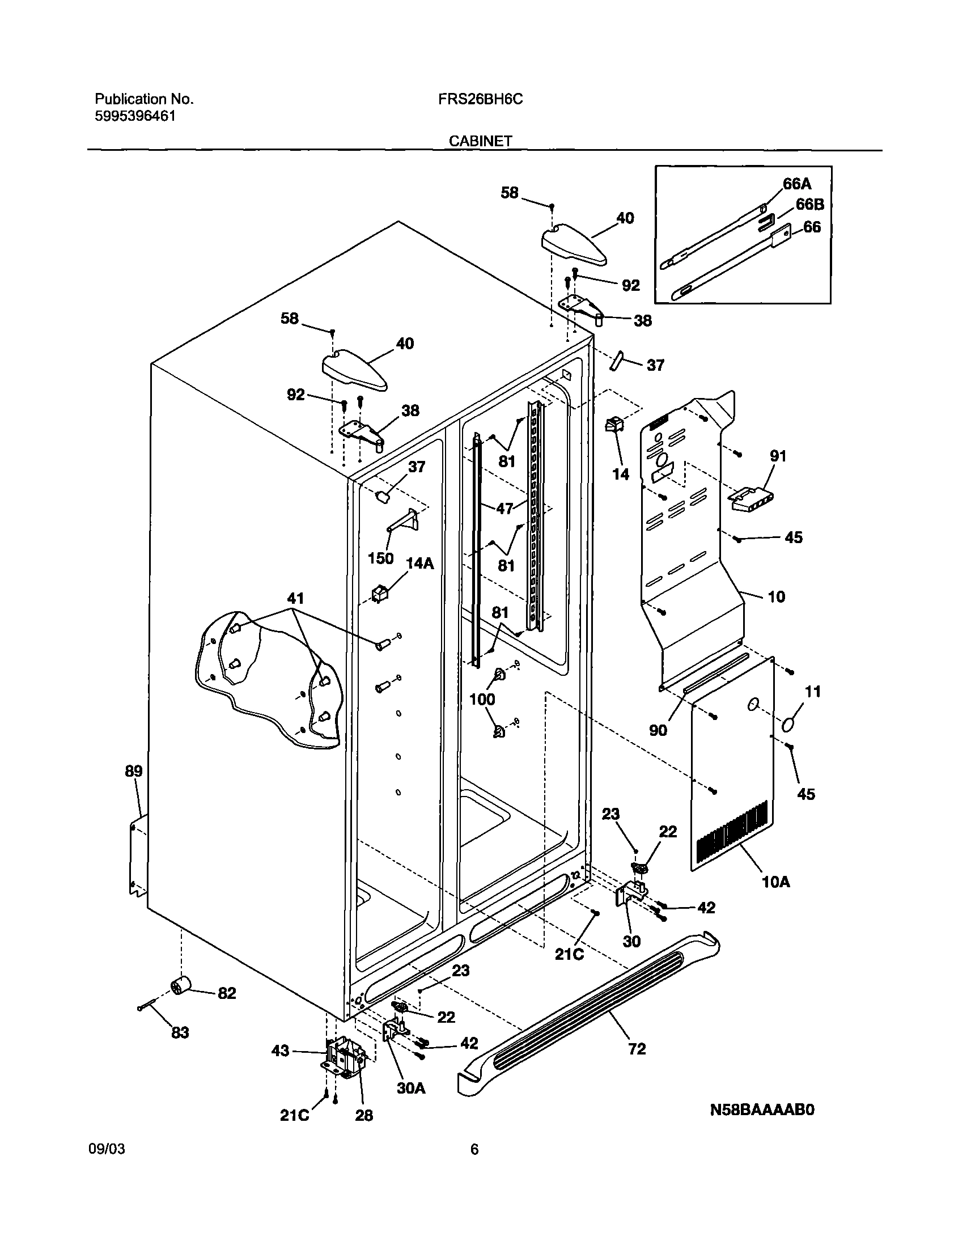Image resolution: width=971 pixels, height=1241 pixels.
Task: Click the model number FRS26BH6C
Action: click(480, 99)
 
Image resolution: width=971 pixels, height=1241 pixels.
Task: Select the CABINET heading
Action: click(480, 141)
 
